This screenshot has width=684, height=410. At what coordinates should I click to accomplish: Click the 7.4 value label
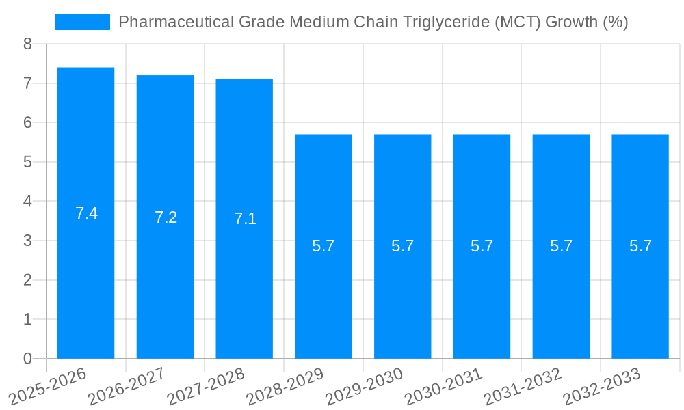(x=86, y=213)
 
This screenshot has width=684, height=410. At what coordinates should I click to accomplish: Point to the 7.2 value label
(x=166, y=217)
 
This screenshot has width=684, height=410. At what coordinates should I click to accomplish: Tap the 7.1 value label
(x=245, y=219)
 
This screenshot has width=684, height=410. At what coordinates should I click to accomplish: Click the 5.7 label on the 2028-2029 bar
(x=323, y=246)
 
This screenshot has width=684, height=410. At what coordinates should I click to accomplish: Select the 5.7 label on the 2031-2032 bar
(x=561, y=246)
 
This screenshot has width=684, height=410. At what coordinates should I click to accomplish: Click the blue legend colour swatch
(x=82, y=22)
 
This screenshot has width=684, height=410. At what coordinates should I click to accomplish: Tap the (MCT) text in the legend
(x=521, y=22)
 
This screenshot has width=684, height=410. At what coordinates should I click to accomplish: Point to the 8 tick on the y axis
(x=27, y=44)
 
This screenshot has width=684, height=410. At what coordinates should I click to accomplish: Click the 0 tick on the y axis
(x=27, y=359)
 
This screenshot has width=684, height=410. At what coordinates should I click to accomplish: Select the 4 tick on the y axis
(x=27, y=202)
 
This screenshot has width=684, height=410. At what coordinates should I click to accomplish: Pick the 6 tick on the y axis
(x=27, y=122)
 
